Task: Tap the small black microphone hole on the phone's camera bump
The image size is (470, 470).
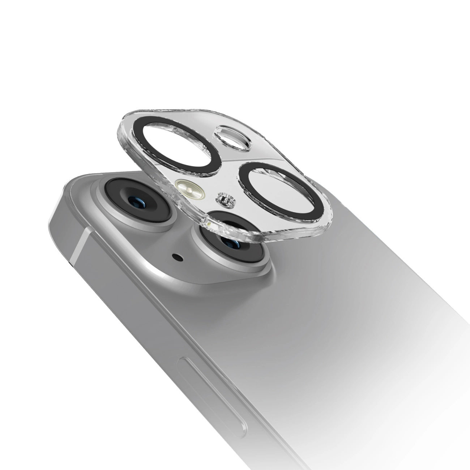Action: click(x=178, y=257)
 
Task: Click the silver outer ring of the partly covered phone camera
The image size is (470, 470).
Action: click(x=202, y=253)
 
